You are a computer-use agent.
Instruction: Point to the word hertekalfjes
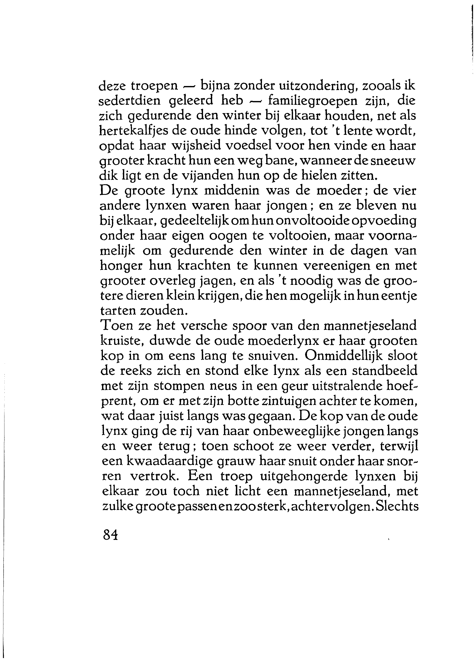tap(133, 131)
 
